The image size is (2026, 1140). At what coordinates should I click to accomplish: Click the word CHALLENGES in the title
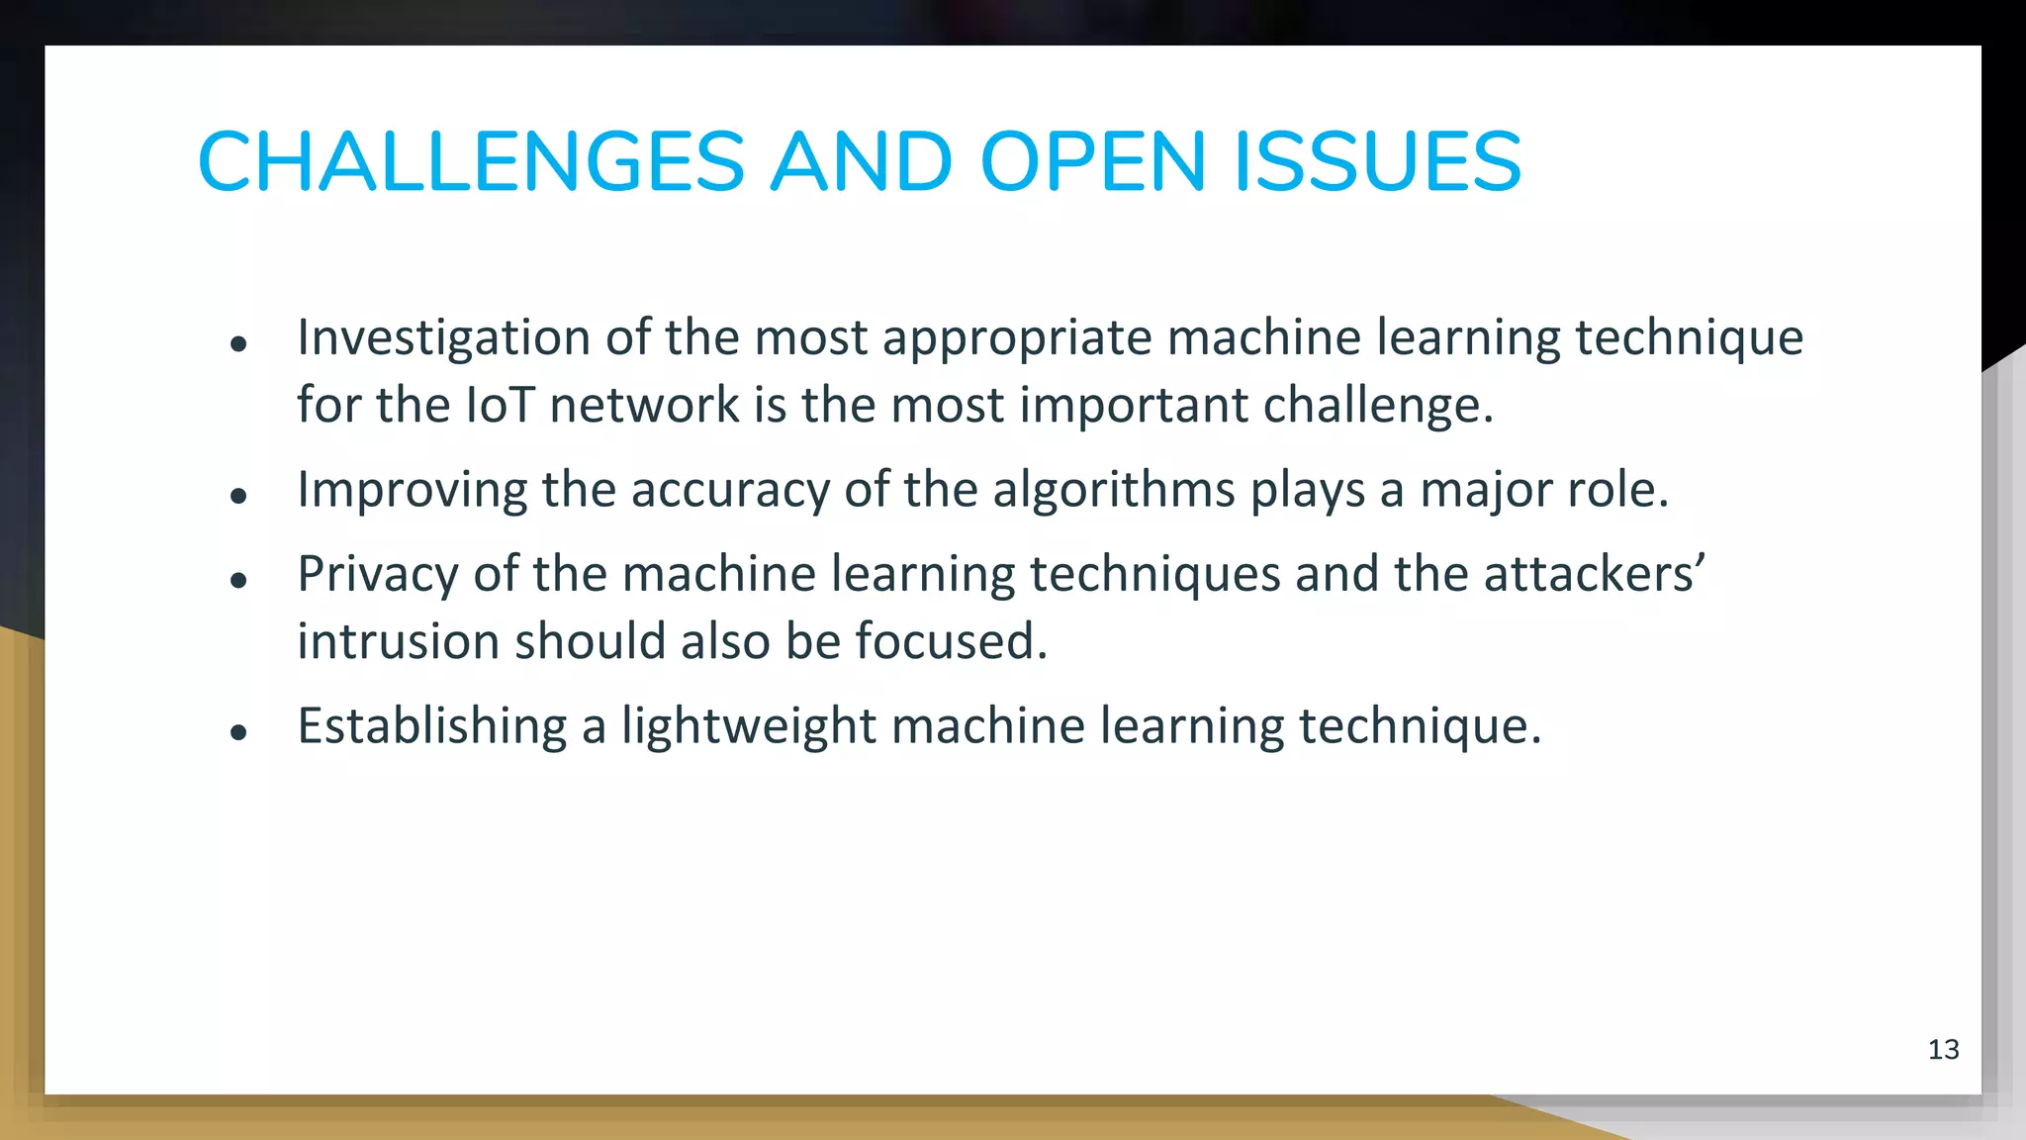click(471, 161)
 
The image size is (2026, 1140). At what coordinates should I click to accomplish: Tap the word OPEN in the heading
click(1093, 161)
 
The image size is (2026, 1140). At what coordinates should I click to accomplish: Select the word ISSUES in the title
click(1377, 161)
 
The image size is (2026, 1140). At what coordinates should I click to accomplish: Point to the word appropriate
click(1017, 338)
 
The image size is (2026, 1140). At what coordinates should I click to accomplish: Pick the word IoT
click(500, 405)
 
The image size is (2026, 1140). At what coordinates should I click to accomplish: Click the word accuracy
click(731, 491)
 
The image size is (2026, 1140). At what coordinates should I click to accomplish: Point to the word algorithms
click(1114, 491)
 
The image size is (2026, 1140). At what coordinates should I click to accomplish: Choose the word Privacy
click(378, 575)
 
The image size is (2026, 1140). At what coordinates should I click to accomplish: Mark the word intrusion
click(398, 641)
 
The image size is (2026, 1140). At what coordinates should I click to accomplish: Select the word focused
click(951, 641)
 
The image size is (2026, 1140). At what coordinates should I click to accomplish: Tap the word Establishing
click(432, 726)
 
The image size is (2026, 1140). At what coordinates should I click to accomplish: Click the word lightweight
click(749, 726)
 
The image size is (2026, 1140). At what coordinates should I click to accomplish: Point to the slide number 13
click(1943, 1049)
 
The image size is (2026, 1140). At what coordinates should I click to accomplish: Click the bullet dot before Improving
click(237, 495)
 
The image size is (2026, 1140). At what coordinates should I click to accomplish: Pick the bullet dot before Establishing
click(237, 732)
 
